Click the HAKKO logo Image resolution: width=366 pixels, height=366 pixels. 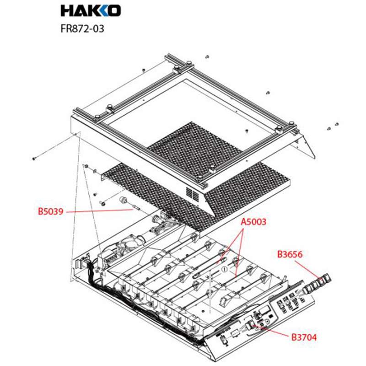point(91,10)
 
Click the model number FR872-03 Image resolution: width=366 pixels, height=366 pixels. point(82,28)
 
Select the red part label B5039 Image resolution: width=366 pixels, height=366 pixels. point(52,212)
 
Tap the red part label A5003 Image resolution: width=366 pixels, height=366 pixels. point(253,222)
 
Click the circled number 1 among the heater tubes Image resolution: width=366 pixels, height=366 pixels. point(224,270)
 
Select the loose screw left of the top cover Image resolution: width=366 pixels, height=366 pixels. point(34,158)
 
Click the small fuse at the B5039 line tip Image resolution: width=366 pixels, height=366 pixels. point(136,209)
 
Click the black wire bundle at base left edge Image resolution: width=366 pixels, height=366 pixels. point(96,284)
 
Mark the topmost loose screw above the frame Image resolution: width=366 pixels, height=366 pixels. point(207,56)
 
